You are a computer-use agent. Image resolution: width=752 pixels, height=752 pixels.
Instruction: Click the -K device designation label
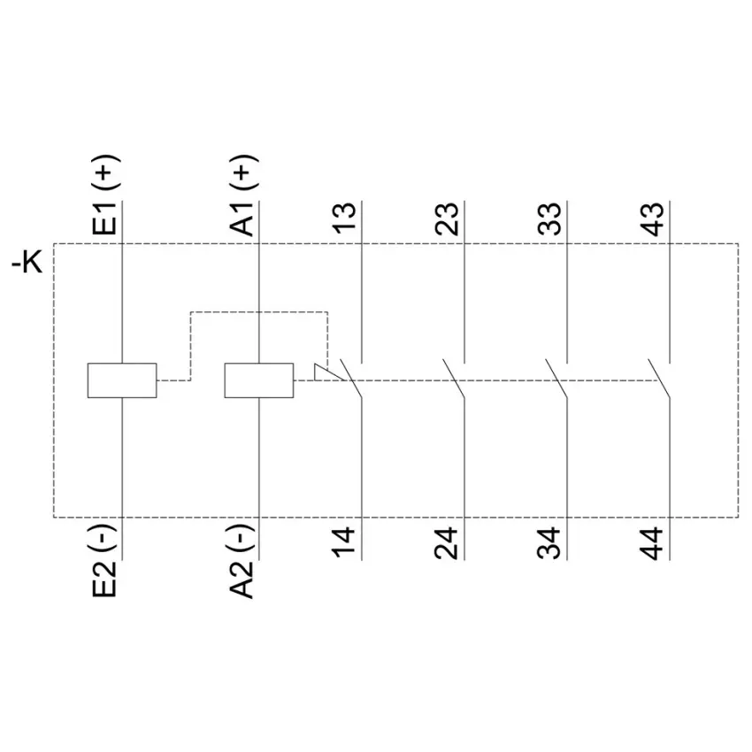tap(27, 263)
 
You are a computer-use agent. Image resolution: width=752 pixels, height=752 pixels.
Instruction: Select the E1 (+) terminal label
tap(104, 195)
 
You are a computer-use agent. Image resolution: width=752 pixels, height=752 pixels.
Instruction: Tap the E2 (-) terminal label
tap(104, 561)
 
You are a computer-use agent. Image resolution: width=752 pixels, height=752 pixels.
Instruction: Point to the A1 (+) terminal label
tap(242, 195)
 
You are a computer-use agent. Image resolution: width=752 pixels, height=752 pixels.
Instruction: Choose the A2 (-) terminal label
tap(242, 561)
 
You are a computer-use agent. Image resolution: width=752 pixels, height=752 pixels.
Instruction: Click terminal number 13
tap(344, 219)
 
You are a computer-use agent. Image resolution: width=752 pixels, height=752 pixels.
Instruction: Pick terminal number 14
tap(344, 543)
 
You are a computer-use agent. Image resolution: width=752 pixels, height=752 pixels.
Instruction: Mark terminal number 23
tap(447, 219)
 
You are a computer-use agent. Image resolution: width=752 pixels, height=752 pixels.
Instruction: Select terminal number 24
tap(447, 543)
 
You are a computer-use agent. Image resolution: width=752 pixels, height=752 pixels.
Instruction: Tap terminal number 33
tap(549, 219)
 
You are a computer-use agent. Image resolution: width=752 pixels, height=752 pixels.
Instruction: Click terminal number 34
tap(549, 543)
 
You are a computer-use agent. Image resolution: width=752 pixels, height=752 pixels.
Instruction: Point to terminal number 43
tap(653, 219)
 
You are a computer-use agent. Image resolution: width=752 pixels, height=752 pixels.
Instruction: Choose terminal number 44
tap(652, 543)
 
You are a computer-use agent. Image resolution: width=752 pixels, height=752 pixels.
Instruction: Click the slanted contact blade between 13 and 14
tap(350, 378)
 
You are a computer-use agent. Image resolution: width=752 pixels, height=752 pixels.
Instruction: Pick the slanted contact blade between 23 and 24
tap(454, 378)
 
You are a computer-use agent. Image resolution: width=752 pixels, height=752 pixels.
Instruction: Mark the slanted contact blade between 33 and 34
tap(556, 378)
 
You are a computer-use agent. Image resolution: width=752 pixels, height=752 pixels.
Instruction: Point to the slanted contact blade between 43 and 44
tap(659, 378)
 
